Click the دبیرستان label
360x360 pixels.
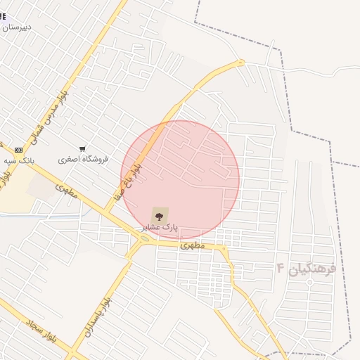[x=17, y=27]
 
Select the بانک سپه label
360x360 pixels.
[x=19, y=161]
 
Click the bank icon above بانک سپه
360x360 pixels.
[x=18, y=150]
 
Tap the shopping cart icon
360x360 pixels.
[x=83, y=149]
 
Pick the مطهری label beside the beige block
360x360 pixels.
[x=65, y=191]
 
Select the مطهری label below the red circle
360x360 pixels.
[x=191, y=245]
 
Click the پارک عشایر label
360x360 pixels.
[x=160, y=228]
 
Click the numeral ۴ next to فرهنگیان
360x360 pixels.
[x=281, y=268]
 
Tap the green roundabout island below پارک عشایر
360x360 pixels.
[x=144, y=240]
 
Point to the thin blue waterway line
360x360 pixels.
[x=42, y=214]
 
